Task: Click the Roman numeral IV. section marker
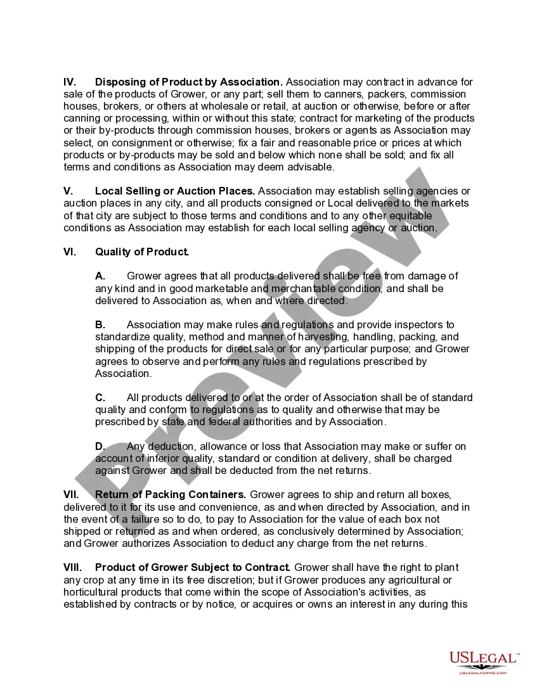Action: coord(70,82)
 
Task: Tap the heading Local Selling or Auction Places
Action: coord(175,191)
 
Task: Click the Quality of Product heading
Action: coord(142,252)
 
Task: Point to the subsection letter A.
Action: coord(100,276)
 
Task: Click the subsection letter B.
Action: coord(100,325)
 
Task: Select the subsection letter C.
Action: coord(100,398)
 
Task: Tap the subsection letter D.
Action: coord(100,447)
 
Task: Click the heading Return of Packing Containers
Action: coord(171,495)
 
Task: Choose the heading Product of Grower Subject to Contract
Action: coord(193,567)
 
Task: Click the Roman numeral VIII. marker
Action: coord(72,567)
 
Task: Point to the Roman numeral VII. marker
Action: coord(71,495)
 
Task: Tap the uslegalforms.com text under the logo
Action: coord(483,672)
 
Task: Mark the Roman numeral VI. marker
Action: coord(70,252)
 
